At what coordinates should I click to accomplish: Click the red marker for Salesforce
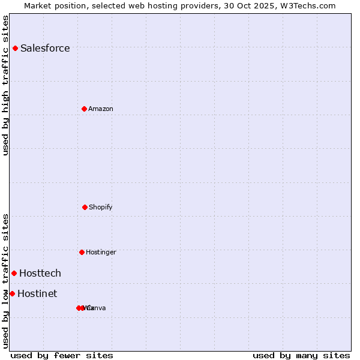coord(15,48)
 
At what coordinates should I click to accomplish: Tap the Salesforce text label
coord(45,48)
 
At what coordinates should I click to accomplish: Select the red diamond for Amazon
coord(85,109)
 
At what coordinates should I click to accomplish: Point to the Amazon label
coord(101,109)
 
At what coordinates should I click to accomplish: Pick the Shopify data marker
coord(85,207)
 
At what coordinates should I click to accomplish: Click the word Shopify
coord(101,207)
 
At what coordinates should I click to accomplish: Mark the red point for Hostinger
coord(82,252)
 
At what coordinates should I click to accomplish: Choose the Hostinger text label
coord(101,252)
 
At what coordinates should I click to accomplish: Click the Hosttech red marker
coord(14,273)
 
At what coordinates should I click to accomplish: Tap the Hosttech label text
coord(40,273)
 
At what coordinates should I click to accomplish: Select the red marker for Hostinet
coord(12,293)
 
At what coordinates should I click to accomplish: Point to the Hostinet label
coord(37,293)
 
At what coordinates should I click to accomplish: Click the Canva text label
coord(97,308)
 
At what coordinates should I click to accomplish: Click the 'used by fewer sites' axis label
coord(62,355)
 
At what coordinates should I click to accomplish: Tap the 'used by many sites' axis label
coord(301,355)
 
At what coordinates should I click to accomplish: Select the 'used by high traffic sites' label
coord(5,85)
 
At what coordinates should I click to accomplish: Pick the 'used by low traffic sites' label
coord(5,281)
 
